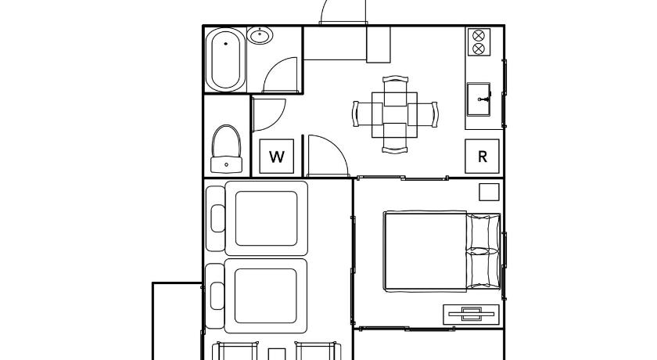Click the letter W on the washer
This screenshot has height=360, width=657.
coord(277,157)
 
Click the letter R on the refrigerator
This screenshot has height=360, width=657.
coord(483,157)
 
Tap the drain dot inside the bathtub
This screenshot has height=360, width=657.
coord(226,44)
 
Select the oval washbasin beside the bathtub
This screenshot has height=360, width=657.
coord(260,35)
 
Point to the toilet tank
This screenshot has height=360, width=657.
coord(226,164)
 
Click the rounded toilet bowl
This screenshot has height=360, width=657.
coord(226,141)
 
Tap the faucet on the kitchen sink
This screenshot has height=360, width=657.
coord(485,99)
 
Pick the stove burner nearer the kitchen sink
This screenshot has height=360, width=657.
coord(479,49)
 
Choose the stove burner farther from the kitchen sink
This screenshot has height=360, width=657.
coord(479,35)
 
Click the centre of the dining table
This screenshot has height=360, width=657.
coord(395,114)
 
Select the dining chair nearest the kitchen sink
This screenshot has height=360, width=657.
coord(423,114)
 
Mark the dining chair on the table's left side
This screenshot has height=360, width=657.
coord(368,114)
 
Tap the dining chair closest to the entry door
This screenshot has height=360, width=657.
coord(395,91)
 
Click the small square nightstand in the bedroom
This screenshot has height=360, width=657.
coord(489,192)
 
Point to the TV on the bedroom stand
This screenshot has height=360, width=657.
coord(472,314)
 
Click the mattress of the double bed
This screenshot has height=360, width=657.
coord(425,250)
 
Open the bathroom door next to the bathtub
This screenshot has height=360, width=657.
coord(280,75)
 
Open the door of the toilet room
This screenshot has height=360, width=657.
coord(268,114)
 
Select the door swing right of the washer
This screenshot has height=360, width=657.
coord(328,156)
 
